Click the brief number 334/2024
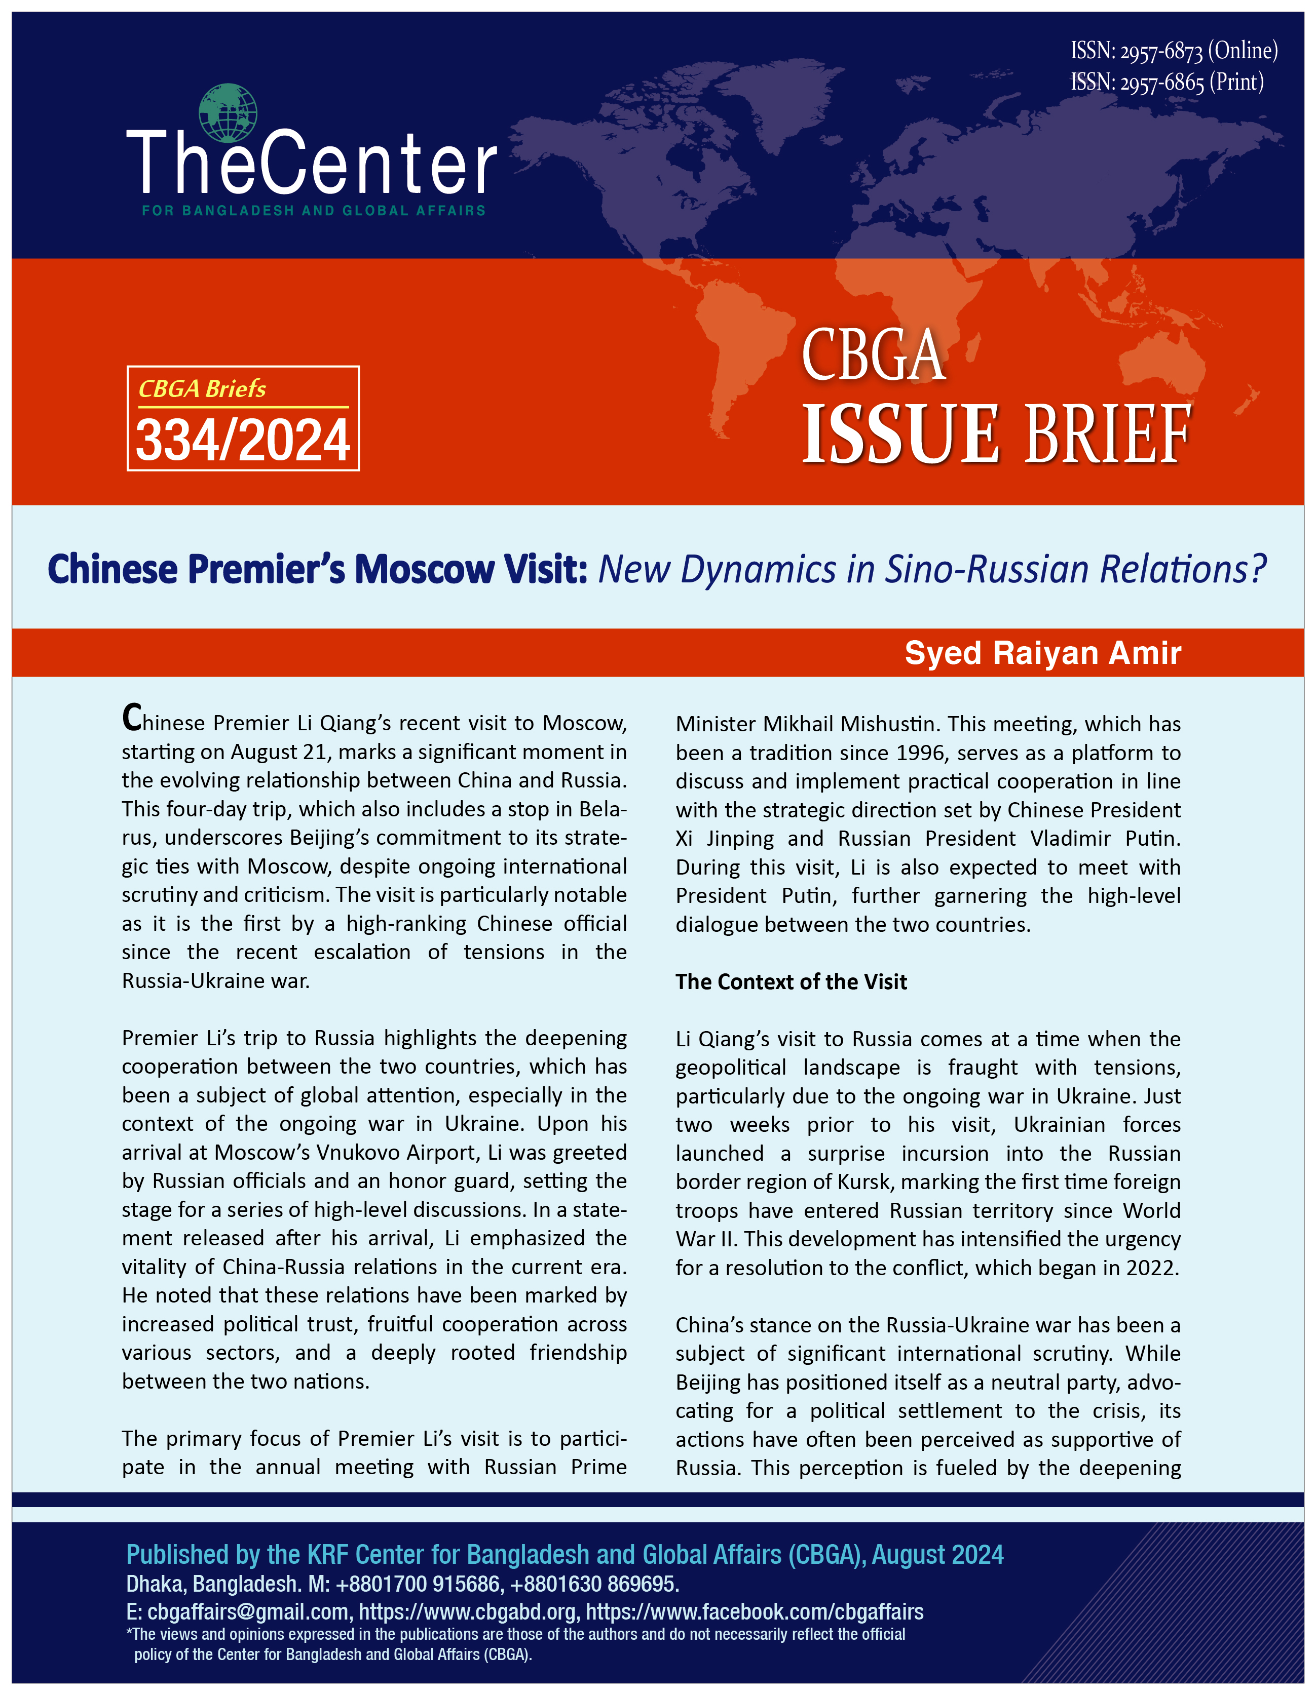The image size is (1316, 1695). pos(243,440)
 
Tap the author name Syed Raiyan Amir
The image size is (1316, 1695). pos(1043,653)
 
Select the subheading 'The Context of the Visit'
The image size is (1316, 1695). pos(791,982)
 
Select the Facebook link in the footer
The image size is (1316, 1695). pos(754,1612)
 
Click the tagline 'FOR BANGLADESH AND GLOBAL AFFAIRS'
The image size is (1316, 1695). pos(314,210)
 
